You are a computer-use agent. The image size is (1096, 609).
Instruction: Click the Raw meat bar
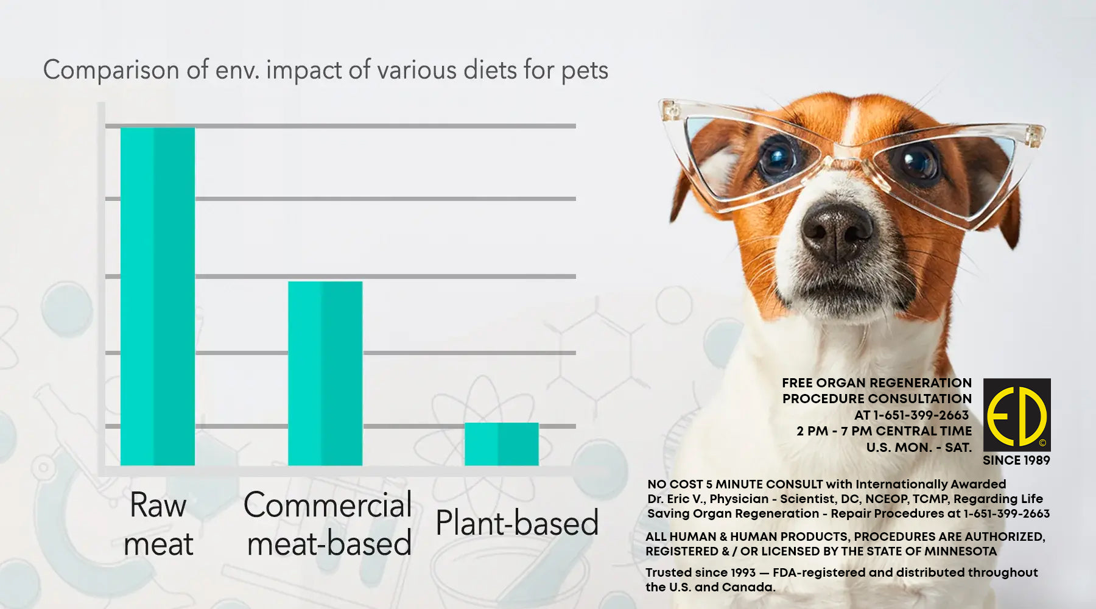(158, 297)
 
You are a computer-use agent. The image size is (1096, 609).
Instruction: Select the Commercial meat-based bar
(325, 373)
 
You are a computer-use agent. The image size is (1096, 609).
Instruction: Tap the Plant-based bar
(501, 444)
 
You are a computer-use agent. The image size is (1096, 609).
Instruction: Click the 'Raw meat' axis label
(158, 524)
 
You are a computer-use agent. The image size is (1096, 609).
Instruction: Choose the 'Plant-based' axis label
(517, 523)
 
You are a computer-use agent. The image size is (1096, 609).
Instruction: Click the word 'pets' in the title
(585, 71)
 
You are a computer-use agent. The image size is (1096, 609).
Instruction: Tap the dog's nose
(837, 230)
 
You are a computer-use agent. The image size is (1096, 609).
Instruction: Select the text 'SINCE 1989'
(1016, 460)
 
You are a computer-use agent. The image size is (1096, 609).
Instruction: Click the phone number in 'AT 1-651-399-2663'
(921, 415)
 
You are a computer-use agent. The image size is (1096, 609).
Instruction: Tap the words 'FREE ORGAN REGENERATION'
(877, 383)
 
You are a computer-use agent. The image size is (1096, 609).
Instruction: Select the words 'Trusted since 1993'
(700, 572)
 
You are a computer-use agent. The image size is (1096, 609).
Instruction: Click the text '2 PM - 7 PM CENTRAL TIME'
(884, 431)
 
